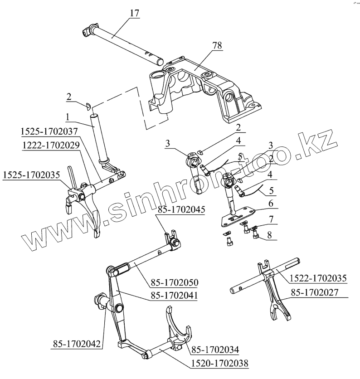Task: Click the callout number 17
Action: (x=134, y=13)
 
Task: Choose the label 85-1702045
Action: (x=181, y=209)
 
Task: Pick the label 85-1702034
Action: (x=215, y=349)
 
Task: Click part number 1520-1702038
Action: (x=220, y=363)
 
